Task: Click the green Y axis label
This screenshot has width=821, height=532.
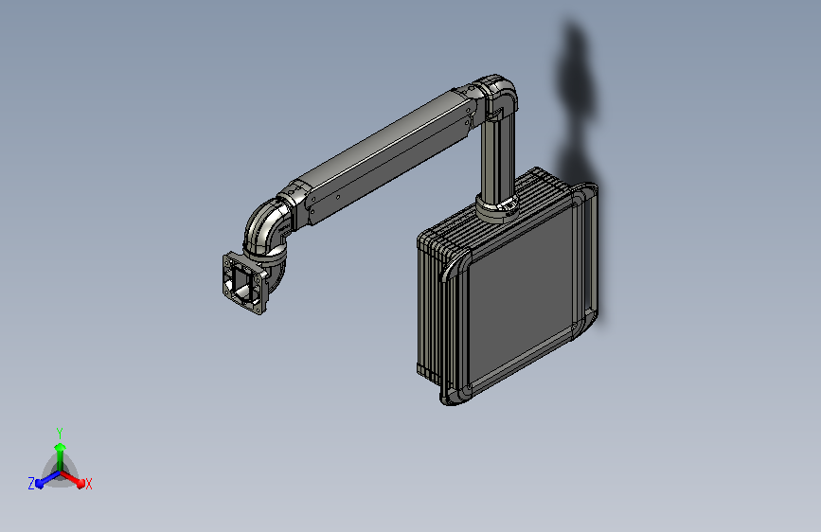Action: pos(60,433)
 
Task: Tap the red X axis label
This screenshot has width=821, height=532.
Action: pos(88,484)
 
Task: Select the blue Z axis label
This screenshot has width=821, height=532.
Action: pos(31,484)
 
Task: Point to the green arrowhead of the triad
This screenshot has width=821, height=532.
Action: pos(61,447)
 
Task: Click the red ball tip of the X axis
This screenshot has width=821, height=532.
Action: pos(80,484)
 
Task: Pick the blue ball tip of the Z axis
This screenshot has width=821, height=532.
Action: pos(39,484)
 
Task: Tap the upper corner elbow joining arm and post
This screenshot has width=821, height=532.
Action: pos(497,95)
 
